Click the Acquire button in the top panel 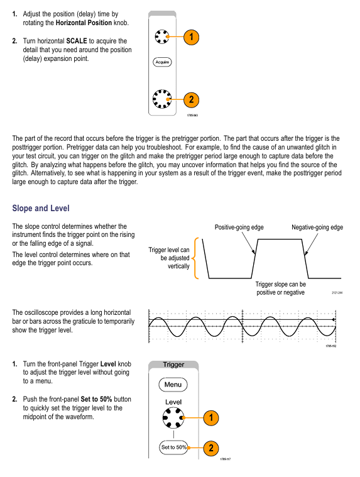coord(162,62)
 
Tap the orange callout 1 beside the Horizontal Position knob coord(191,37)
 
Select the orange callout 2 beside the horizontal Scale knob coord(191,99)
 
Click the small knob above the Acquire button coord(161,36)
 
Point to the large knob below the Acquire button coord(162,99)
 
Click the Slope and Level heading coord(41,209)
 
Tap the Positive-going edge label coord(239,228)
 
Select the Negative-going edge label coord(317,228)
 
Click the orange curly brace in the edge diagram coord(194,258)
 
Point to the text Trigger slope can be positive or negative coord(280,288)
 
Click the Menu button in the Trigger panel coord(173,385)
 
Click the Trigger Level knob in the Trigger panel coord(173,418)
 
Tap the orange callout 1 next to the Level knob coord(211,418)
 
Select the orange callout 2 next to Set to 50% coord(211,448)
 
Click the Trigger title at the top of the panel coord(173,365)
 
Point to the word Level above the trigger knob coord(173,402)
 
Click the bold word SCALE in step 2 coord(77,41)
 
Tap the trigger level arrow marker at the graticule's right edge coord(334,320)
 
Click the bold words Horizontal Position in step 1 coord(84,23)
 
